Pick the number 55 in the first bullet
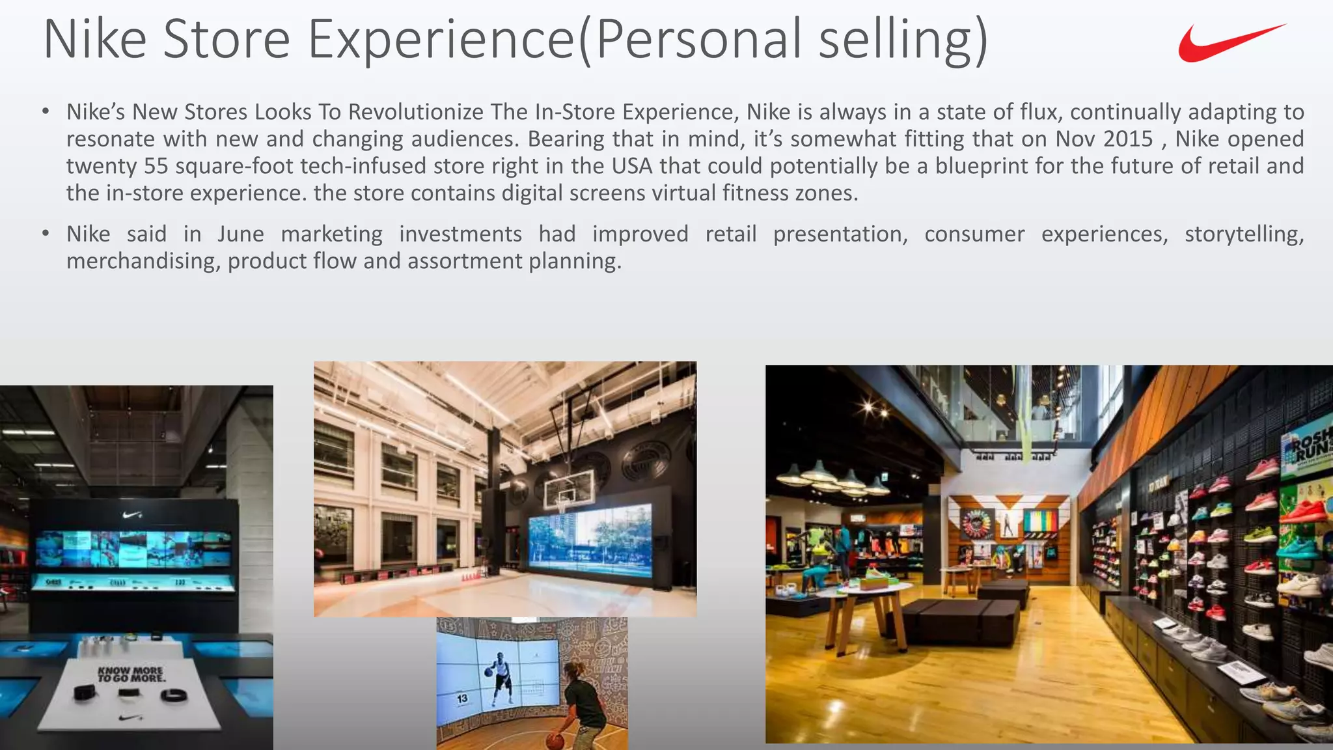(156, 166)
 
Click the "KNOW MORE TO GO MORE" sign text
(131, 674)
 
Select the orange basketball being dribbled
(554, 741)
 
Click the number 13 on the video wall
(461, 699)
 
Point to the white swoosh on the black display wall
(132, 515)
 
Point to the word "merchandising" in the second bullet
(143, 261)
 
